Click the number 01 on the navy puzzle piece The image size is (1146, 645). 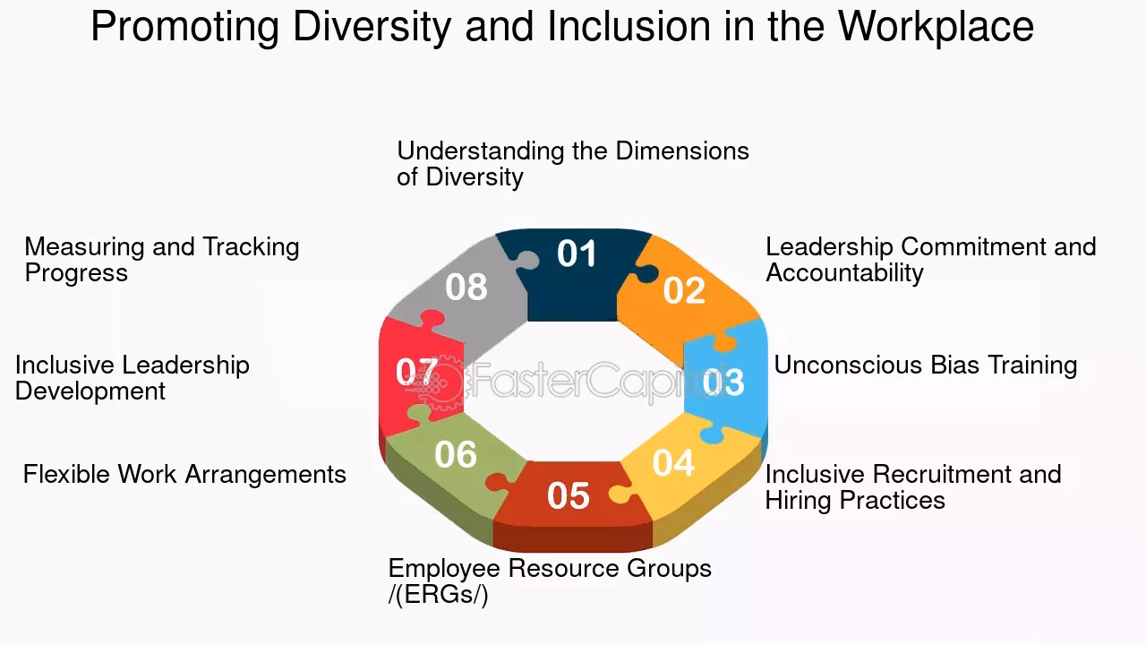coord(577,254)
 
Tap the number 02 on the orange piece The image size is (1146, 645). coord(684,291)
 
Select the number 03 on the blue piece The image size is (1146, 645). coord(723,382)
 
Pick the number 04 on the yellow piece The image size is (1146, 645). coord(673,463)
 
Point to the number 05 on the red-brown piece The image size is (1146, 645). coord(569,496)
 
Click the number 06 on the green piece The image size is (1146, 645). coord(456,455)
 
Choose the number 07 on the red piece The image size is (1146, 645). coord(417,372)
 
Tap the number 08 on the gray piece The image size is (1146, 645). coord(466,288)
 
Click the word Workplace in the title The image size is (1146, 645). coord(936,28)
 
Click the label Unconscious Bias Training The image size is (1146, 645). coord(925,365)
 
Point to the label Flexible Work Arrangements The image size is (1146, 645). coord(184,474)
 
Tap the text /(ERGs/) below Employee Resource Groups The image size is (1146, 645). coord(438,595)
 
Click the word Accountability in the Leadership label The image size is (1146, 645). coord(844,273)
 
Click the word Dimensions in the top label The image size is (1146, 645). coord(682,150)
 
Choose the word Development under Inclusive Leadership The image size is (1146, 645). coord(90,391)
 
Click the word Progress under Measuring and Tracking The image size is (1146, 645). coord(76,273)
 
